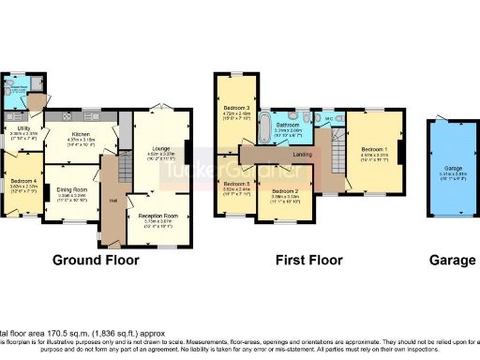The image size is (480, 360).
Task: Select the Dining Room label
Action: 75,170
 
